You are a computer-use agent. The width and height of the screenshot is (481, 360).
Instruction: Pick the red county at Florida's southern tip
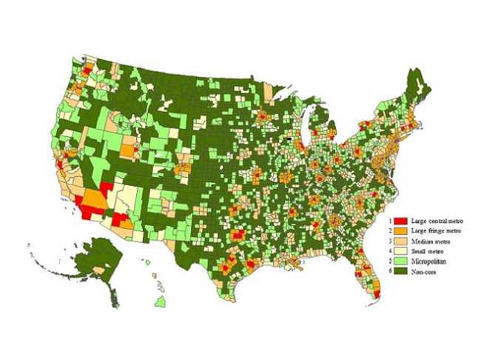[x=378, y=294]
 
